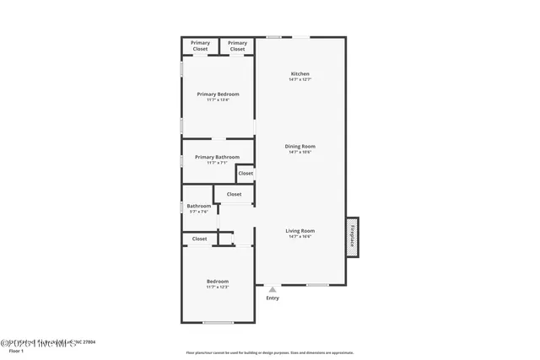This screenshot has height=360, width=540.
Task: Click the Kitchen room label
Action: pyautogui.click(x=300, y=74)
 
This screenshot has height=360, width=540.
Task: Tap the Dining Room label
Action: pyautogui.click(x=300, y=146)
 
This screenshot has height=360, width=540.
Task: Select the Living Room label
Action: pyautogui.click(x=300, y=230)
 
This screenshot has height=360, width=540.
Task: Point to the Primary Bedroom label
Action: pyautogui.click(x=218, y=94)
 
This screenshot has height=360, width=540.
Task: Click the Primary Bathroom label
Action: pyautogui.click(x=217, y=157)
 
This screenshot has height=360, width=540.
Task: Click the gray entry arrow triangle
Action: pyautogui.click(x=273, y=289)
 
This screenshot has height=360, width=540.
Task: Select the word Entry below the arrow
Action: pyautogui.click(x=273, y=298)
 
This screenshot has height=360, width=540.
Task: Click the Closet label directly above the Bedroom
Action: pyautogui.click(x=199, y=239)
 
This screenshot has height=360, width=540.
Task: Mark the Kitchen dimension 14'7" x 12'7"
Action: pyautogui.click(x=300, y=80)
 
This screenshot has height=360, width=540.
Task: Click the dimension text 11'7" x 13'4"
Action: pyautogui.click(x=218, y=99)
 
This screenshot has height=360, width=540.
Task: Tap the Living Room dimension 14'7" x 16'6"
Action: pyautogui.click(x=300, y=237)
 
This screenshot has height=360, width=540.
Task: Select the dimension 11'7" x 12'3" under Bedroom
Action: pyautogui.click(x=218, y=287)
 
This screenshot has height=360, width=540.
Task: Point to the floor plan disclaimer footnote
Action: pyautogui.click(x=270, y=352)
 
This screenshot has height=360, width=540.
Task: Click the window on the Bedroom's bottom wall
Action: pyautogui.click(x=219, y=323)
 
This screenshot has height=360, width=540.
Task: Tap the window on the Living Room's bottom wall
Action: pyautogui.click(x=317, y=285)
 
